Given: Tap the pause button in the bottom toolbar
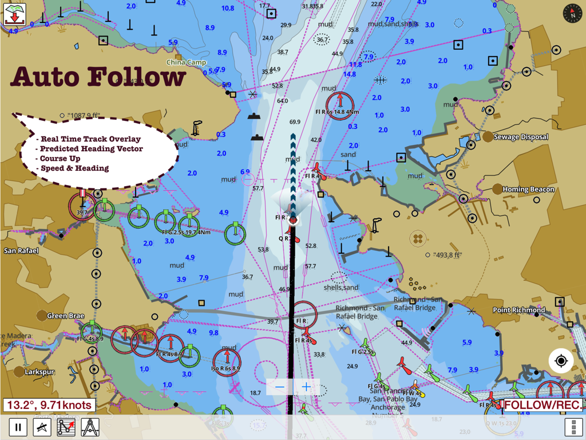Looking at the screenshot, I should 18,427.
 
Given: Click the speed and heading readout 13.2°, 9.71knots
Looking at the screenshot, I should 49,405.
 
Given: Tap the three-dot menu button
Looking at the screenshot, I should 573,427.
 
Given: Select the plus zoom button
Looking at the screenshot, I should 306,387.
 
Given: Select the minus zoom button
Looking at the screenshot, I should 280,387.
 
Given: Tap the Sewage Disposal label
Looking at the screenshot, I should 521,137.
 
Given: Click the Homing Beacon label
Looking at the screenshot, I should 528,189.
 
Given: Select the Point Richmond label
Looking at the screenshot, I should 519,310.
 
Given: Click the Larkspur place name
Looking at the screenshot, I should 40,372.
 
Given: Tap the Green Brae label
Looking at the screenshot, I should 65,316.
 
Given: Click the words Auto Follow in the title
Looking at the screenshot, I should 98,77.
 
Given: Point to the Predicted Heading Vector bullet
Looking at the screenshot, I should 92,149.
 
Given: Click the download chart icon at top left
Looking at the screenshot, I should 14,14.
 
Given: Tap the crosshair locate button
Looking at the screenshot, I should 561,361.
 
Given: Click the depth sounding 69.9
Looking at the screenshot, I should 295,122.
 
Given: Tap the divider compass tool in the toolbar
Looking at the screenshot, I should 90,427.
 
